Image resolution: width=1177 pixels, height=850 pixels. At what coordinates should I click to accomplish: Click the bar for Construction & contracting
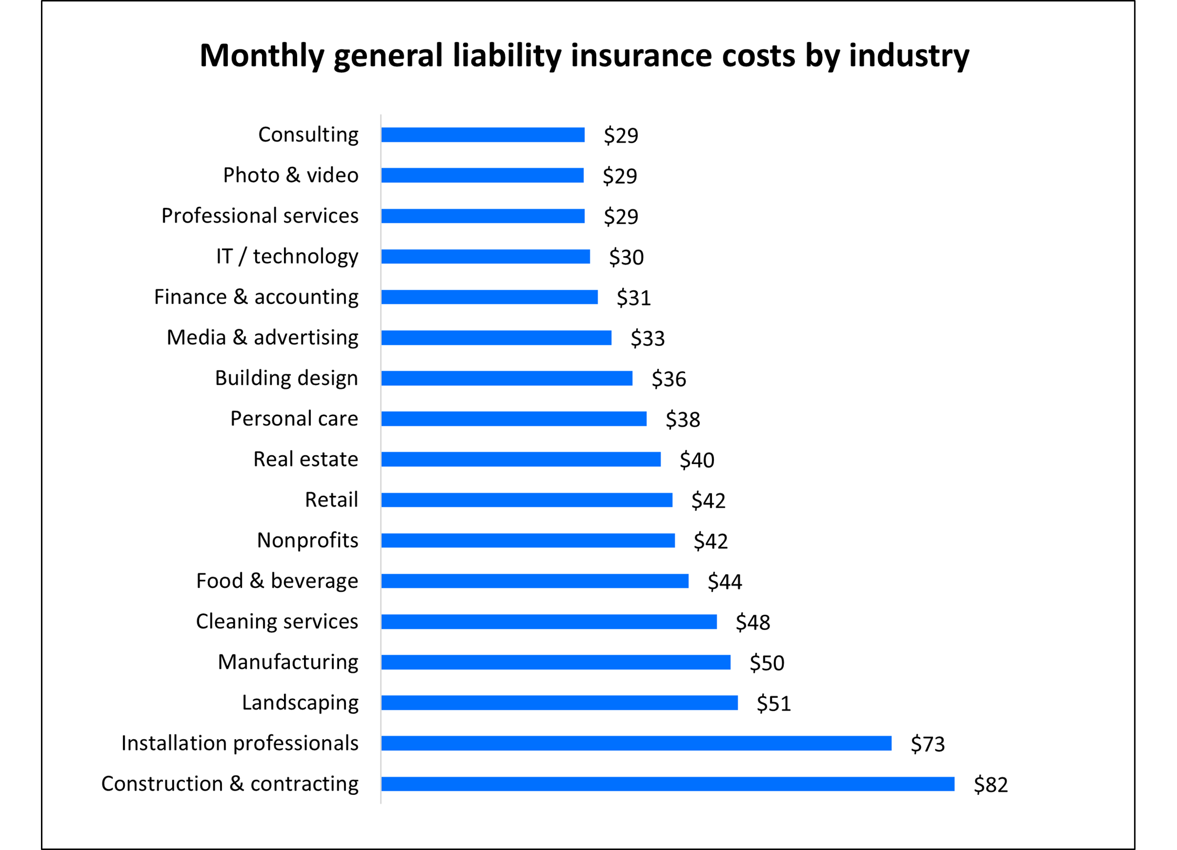667,784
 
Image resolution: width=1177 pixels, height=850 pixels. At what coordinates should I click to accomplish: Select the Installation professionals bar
636,743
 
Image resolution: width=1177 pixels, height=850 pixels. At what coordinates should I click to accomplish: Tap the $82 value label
991,785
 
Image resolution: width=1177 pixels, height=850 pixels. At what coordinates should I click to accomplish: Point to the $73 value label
928,744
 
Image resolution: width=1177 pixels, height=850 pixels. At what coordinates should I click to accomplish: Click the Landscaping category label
300,702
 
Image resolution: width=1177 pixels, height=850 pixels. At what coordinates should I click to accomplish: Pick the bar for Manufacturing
555,663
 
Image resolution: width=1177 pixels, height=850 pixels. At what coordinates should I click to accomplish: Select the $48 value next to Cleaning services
752,623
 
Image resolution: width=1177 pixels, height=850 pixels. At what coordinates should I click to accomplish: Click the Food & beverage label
277,581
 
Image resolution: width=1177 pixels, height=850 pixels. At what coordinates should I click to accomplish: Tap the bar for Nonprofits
528,541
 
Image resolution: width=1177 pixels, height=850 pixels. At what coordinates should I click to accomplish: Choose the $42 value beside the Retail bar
708,501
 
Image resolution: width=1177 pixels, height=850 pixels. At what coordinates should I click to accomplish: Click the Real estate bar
521,459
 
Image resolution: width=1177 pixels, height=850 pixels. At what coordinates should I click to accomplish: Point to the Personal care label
294,419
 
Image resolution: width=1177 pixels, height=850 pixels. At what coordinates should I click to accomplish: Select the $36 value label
668,379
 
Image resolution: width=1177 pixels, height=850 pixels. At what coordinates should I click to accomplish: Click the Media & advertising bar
496,338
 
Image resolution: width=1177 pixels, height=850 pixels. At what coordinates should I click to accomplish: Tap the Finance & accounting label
256,297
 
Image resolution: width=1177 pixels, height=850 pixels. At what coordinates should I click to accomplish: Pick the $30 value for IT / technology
626,257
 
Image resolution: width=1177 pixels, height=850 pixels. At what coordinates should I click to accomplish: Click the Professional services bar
482,216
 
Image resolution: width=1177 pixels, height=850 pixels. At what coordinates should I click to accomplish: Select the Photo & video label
290,175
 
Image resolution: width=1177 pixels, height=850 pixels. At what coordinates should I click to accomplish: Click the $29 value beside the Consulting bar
621,135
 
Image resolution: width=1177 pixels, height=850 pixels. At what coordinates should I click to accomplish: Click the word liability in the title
507,56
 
